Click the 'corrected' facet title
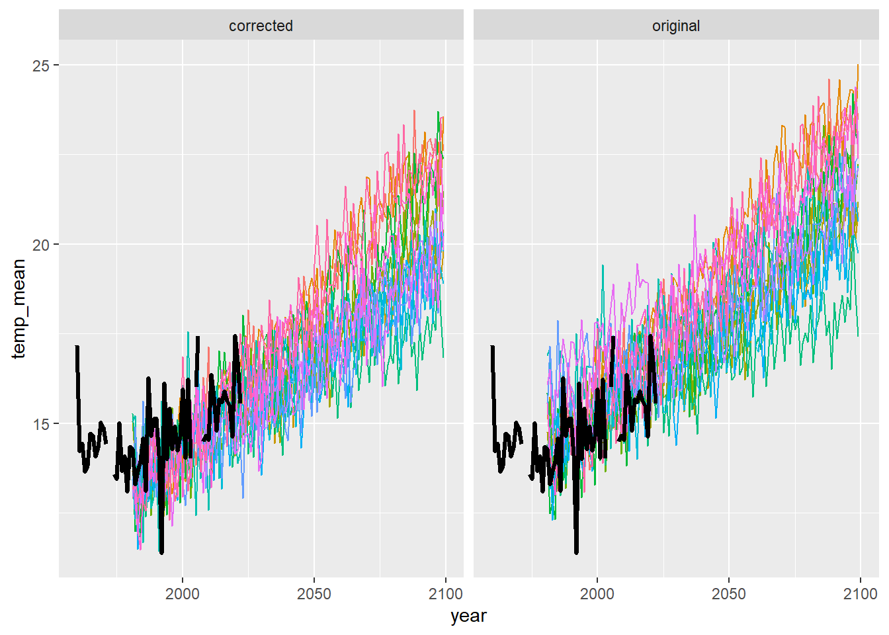click(261, 26)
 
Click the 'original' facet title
click(675, 26)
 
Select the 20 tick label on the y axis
click(41, 245)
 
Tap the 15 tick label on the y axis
click(41, 424)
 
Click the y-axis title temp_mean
click(19, 308)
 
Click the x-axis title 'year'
click(468, 616)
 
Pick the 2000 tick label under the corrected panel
click(183, 593)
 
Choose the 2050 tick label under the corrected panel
click(314, 593)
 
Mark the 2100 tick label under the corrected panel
click(445, 593)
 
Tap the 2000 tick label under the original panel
click(597, 593)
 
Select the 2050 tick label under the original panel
click(729, 593)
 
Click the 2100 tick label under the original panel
click(860, 593)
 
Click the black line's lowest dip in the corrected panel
click(161, 551)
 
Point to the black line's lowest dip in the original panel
click(576, 551)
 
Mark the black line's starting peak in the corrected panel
click(77, 347)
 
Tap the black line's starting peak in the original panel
click(492, 347)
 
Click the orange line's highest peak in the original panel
click(858, 65)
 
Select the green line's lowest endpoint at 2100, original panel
click(859, 336)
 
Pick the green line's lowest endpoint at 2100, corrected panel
click(444, 357)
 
